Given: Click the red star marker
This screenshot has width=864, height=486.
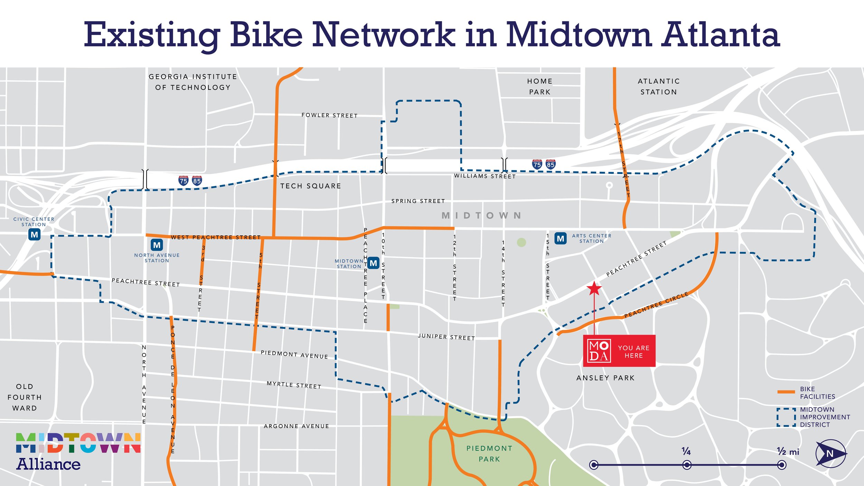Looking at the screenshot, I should pos(594,288).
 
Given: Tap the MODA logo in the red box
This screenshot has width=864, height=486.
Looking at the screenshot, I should pos(599,351).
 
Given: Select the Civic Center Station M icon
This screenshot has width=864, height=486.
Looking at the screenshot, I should pos(34,235).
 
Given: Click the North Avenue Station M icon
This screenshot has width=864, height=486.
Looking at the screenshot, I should pos(157,245).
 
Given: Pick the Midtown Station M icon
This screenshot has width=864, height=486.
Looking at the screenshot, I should pos(373,263).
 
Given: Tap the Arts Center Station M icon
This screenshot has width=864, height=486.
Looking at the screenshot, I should pos(561,239).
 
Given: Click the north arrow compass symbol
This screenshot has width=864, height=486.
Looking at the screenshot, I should pos(830,453).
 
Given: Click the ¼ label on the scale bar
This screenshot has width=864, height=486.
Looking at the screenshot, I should pos(686,451).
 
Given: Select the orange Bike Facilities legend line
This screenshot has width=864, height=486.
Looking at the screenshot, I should pos(786,392).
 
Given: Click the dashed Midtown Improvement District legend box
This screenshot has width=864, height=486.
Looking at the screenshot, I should pos(786,417).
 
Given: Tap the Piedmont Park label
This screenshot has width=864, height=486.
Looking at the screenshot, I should pos(489,454).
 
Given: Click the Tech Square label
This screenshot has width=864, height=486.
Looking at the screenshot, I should pos(310,186).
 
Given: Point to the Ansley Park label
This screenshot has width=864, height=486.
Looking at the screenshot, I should pos(605,378).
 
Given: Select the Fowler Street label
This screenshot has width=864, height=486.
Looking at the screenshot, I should pos(329,115).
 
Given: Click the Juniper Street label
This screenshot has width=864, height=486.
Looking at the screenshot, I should pos(446,337).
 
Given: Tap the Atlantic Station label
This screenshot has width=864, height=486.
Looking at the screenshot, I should pos(659,86).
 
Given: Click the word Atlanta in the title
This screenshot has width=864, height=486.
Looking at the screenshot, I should pos(721,34).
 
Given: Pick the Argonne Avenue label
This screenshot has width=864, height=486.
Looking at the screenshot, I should pos(296,426).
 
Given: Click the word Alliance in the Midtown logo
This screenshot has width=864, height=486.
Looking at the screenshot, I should pos(48,464).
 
